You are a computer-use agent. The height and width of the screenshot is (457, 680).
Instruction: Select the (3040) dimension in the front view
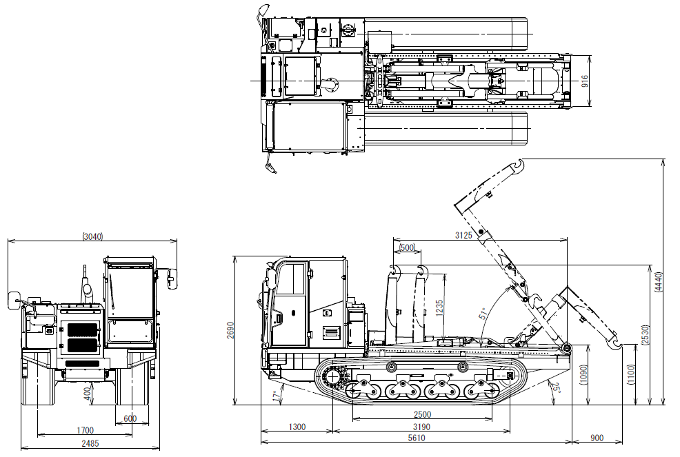92,236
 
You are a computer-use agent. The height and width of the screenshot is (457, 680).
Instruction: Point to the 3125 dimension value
464,236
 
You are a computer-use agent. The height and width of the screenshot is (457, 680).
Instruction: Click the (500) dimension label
407,247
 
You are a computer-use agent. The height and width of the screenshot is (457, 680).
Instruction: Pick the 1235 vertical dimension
439,307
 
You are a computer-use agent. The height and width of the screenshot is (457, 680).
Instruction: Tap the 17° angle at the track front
276,396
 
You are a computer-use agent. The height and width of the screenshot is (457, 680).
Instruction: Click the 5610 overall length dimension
416,438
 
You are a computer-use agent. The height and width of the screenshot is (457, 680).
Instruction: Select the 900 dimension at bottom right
597,438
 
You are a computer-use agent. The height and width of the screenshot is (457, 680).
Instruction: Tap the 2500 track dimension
422,414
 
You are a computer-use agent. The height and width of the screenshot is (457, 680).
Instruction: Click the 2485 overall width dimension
90,443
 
